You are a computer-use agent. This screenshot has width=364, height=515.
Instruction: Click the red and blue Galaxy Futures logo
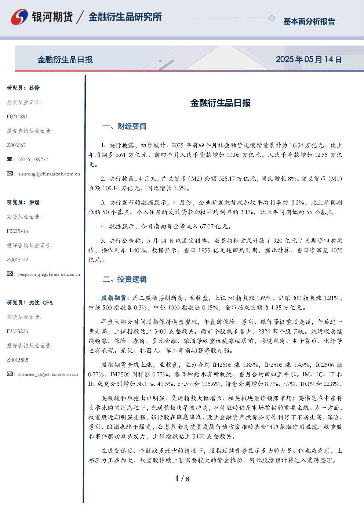click(19, 17)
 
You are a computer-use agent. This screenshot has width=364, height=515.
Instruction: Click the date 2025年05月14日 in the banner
click(309, 59)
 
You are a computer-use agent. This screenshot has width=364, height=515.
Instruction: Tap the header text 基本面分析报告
click(309, 21)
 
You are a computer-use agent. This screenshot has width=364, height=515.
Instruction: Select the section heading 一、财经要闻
click(124, 126)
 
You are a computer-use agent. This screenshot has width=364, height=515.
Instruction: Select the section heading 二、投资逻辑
click(124, 279)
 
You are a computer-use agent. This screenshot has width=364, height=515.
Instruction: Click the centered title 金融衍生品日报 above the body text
click(221, 103)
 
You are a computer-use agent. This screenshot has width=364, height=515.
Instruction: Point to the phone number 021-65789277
click(33, 159)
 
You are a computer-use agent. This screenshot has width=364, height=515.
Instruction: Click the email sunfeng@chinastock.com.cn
click(49, 174)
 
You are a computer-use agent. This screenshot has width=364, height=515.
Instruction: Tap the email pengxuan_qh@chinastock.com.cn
click(49, 274)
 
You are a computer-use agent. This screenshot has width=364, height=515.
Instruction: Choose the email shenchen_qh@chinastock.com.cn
click(49, 374)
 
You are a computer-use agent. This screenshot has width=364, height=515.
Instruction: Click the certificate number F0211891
click(17, 117)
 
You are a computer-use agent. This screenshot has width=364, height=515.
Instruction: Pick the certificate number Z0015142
click(18, 260)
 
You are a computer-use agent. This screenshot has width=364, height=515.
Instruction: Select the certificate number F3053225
click(17, 331)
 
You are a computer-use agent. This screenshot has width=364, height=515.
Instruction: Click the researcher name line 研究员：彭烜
click(23, 202)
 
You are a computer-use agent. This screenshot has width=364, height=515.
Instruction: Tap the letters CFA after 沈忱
click(48, 302)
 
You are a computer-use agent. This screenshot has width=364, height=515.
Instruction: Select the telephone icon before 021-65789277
click(10, 159)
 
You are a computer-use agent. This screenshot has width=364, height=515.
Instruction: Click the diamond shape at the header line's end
click(272, 18)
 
